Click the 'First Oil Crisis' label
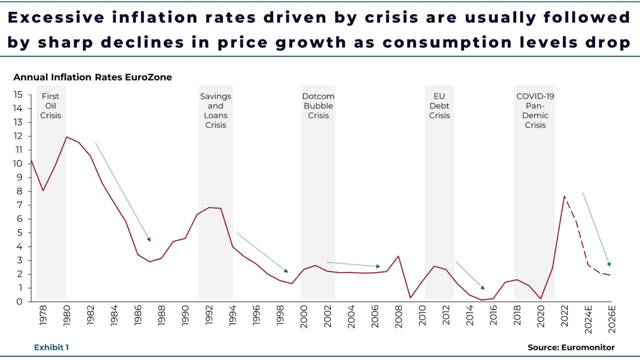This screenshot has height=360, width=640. pyautogui.click(x=50, y=105)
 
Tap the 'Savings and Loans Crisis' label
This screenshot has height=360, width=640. pyautogui.click(x=215, y=110)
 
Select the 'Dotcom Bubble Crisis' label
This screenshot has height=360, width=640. pyautogui.click(x=318, y=105)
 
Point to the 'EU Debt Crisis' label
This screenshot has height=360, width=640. pyautogui.click(x=439, y=105)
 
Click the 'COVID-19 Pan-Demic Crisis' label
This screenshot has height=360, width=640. pyautogui.click(x=535, y=110)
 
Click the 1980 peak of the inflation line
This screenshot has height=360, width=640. pyautogui.click(x=66, y=137)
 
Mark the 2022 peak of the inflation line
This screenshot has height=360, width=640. pyautogui.click(x=564, y=196)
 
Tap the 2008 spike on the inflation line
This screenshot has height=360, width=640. pyautogui.click(x=398, y=256)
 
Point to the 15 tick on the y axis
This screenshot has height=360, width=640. pyautogui.click(x=18, y=94)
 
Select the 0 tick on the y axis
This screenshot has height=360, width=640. pyautogui.click(x=20, y=301)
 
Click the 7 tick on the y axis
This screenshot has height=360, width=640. pyautogui.click(x=20, y=205)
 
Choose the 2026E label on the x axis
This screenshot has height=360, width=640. pyautogui.click(x=610, y=320)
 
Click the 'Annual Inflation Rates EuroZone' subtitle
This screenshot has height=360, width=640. pyautogui.click(x=92, y=77)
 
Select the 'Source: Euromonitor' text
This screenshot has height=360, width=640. pyautogui.click(x=571, y=347)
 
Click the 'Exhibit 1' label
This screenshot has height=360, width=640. pyautogui.click(x=51, y=347)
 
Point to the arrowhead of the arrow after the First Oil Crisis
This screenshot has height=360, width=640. pyautogui.click(x=148, y=239)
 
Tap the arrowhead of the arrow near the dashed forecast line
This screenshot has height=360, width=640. pyautogui.click(x=609, y=264)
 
